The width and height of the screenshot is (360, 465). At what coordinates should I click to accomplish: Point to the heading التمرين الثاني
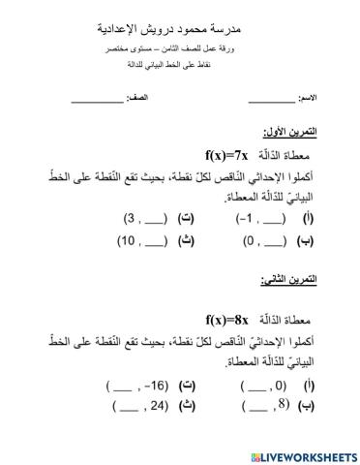[287, 281]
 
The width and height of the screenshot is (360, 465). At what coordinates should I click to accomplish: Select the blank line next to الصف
[97, 101]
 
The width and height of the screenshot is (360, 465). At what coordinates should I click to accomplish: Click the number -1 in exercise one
[248, 219]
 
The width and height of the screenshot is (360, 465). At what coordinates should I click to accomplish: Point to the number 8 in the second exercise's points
[255, 407]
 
